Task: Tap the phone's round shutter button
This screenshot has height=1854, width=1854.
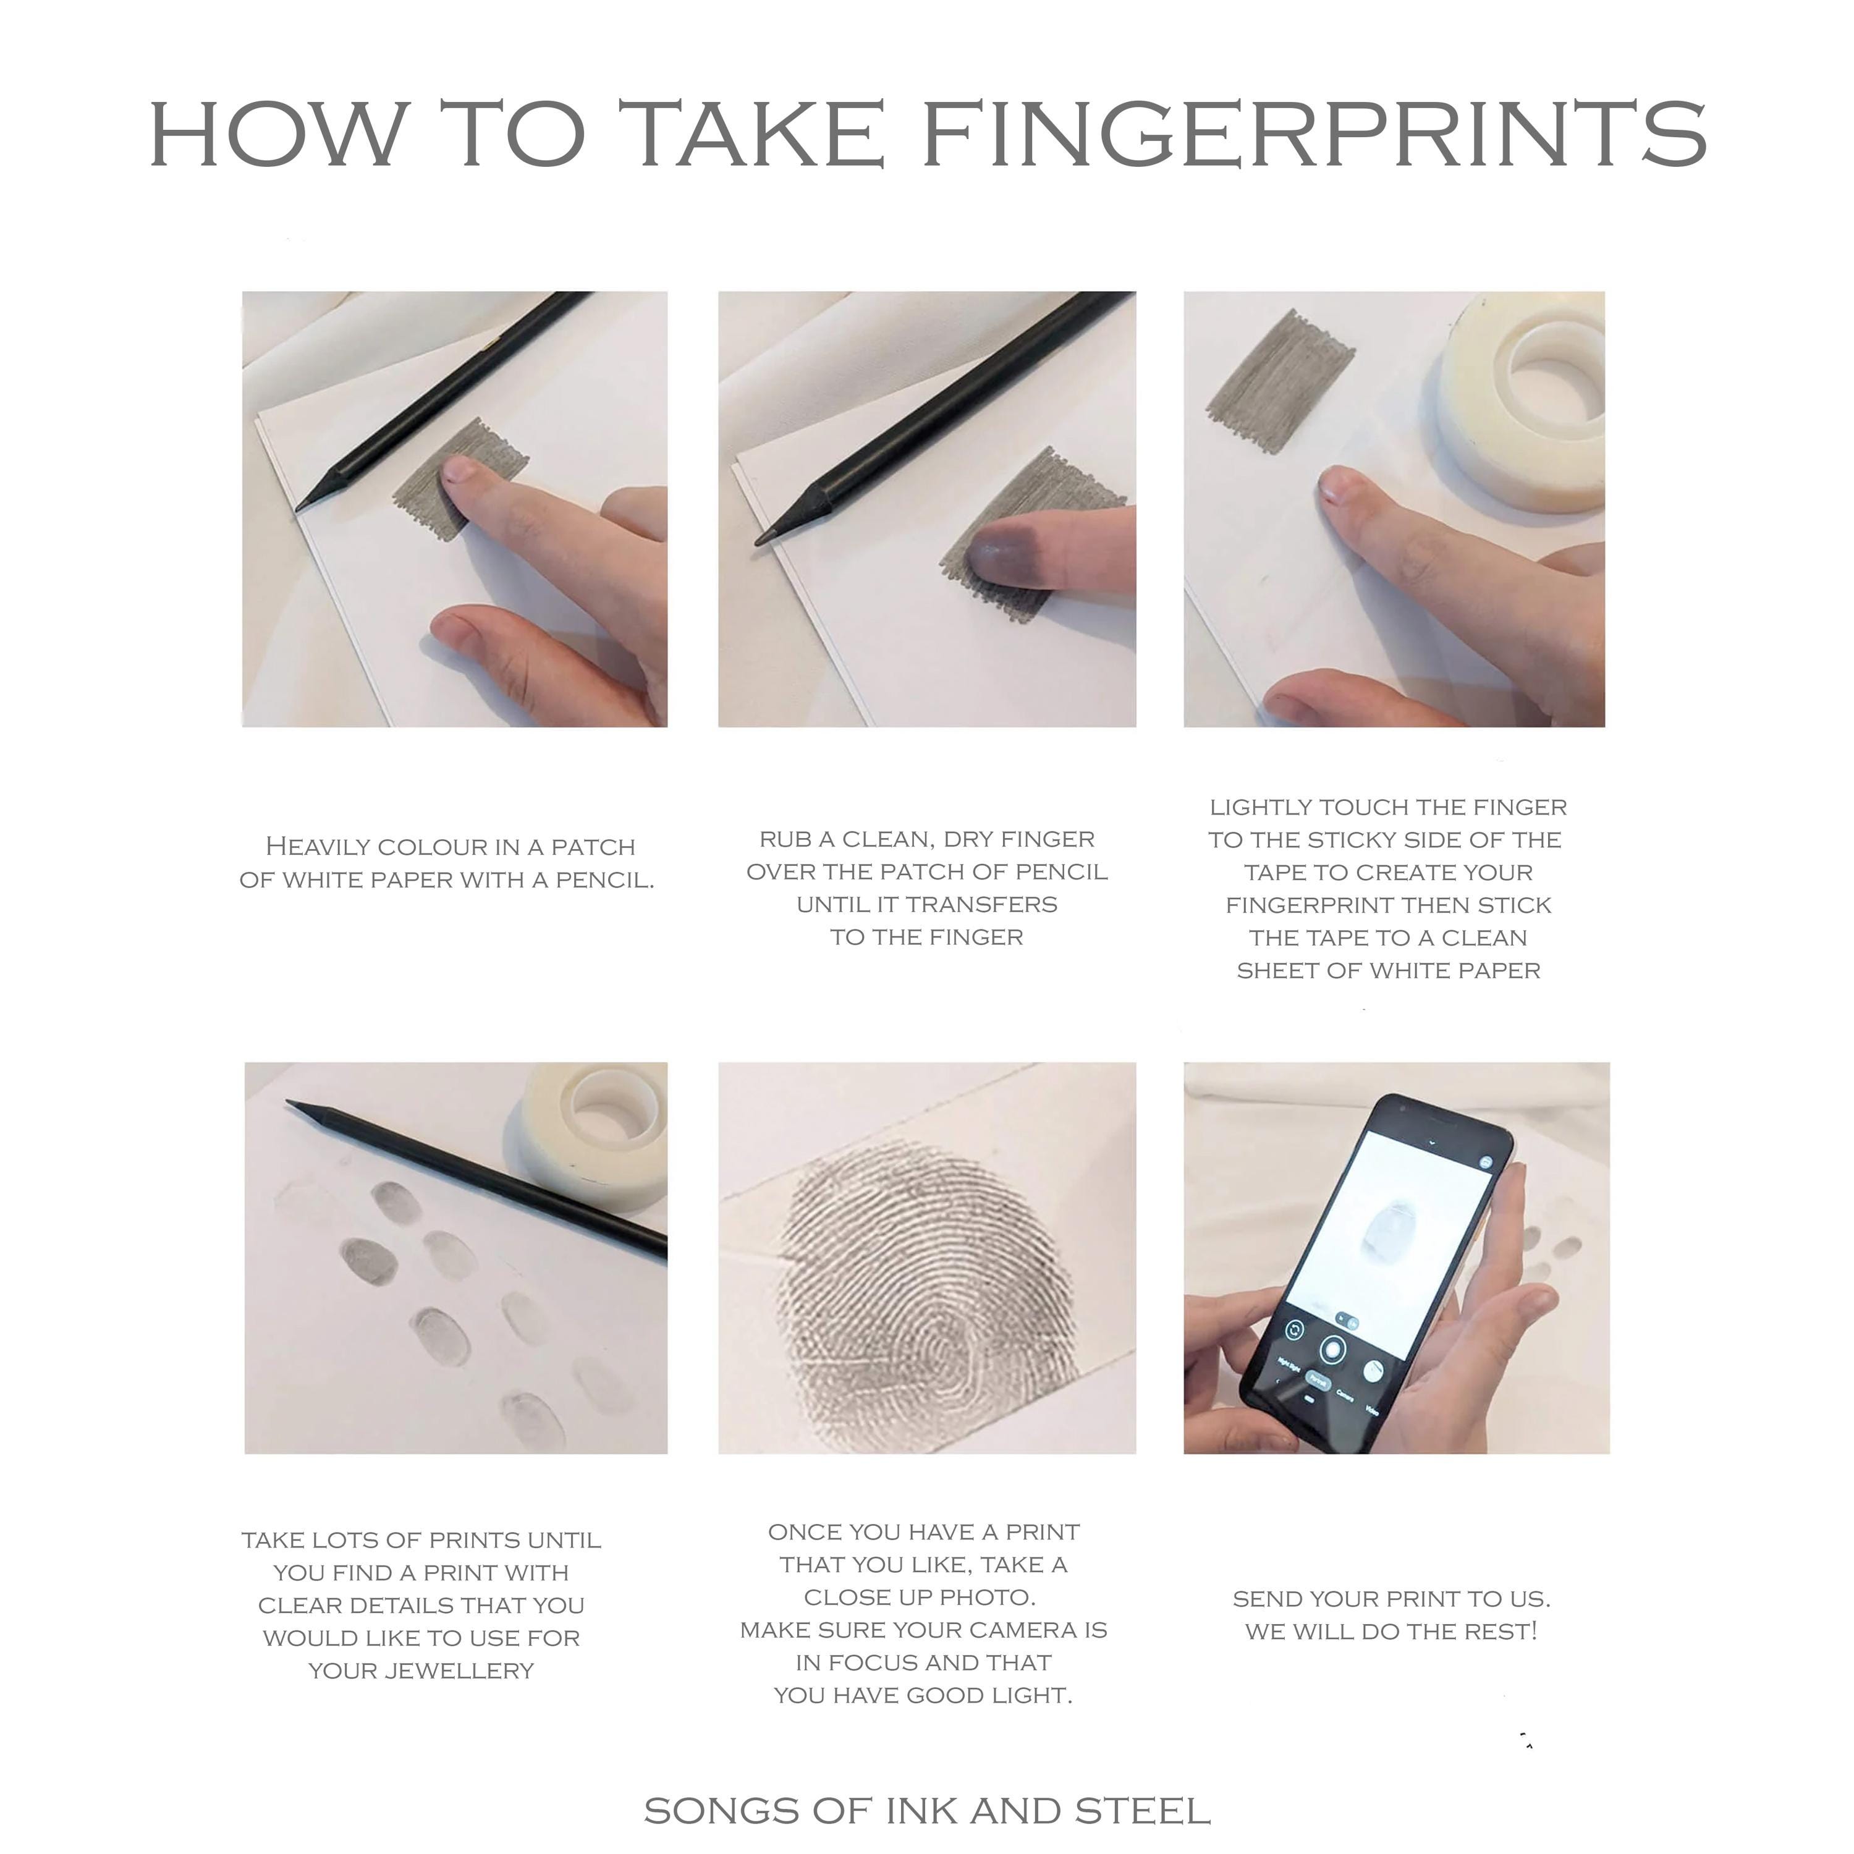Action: pyautogui.click(x=1331, y=1349)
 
